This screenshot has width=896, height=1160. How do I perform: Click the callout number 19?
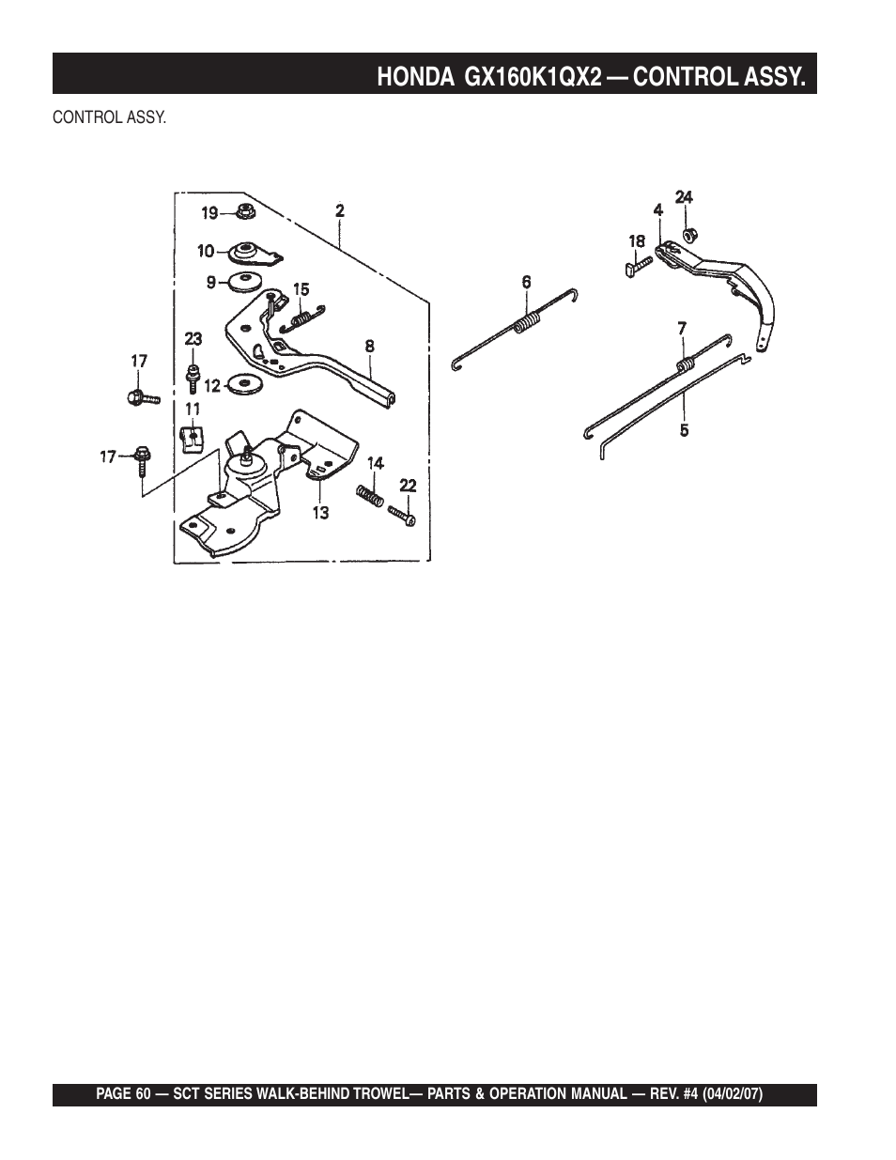point(209,213)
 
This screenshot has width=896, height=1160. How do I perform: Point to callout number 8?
point(370,346)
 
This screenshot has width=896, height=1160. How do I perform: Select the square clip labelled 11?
point(191,438)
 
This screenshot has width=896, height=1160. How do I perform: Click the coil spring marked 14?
point(368,493)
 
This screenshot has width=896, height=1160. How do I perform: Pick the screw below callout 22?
point(402,516)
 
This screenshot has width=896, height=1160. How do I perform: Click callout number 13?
point(320,513)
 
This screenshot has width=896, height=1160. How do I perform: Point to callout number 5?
point(684,431)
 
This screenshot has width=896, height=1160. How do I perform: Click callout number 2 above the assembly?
point(340,211)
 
